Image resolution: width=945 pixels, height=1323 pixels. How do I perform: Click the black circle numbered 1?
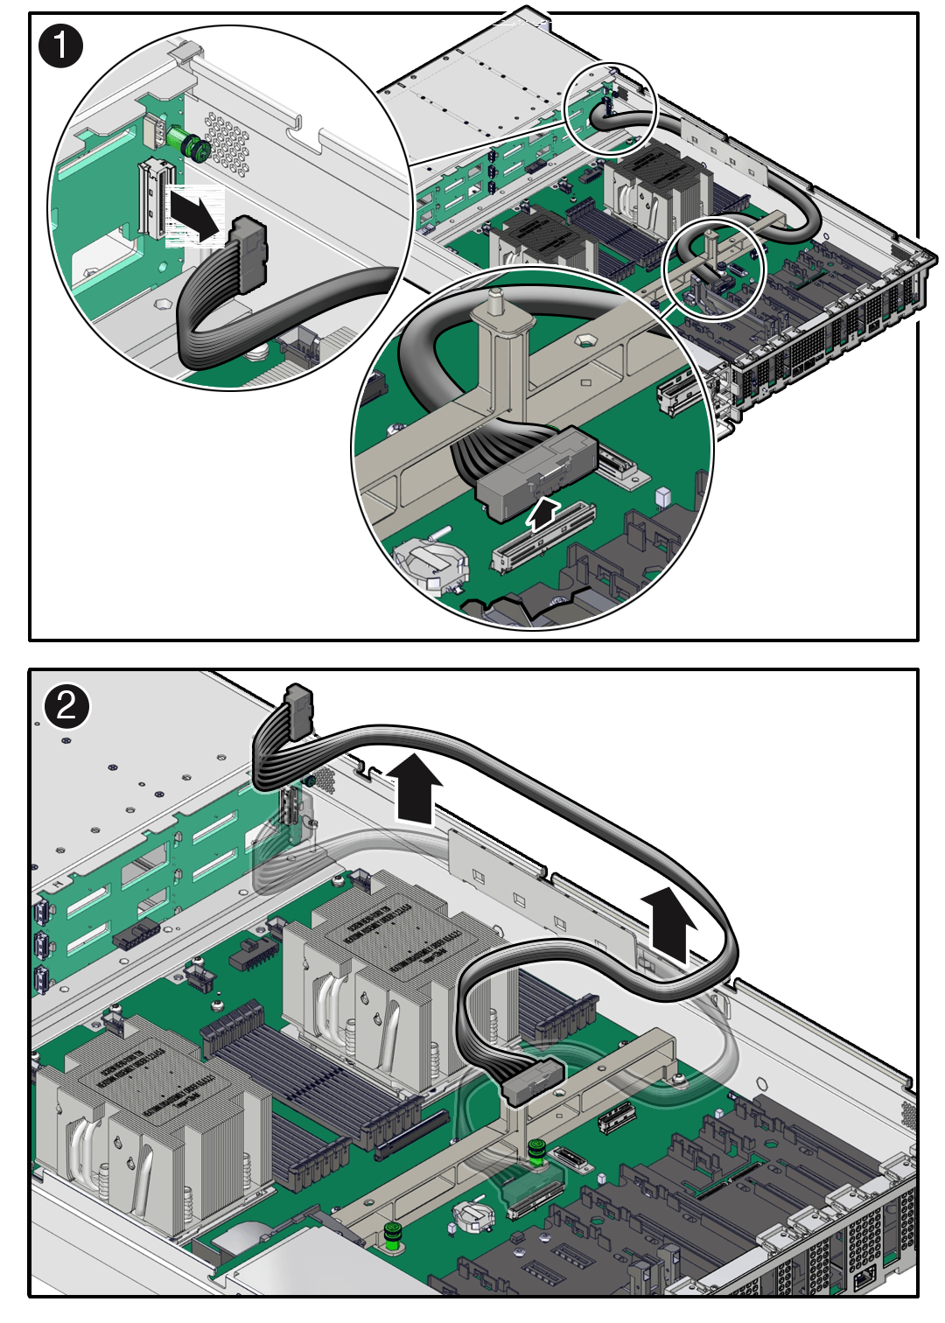coord(60,45)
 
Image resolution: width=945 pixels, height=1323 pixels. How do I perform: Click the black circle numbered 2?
coord(66,705)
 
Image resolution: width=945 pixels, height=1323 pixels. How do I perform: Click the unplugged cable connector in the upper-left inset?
coord(248,254)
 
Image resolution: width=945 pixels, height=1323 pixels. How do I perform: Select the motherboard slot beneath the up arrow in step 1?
coord(543,537)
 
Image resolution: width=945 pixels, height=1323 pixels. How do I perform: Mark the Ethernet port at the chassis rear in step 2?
coord(864,1278)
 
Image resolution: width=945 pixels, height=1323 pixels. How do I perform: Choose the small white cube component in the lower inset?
coord(662,497)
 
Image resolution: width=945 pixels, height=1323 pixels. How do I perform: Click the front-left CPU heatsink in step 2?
coord(149,1129)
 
